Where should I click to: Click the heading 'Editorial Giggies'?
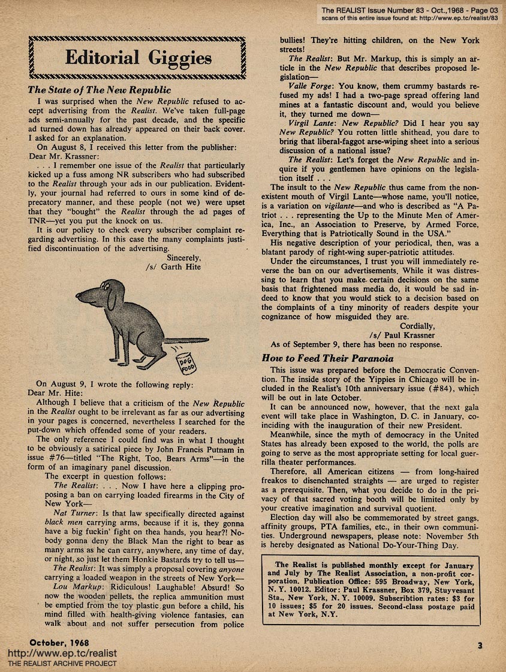coord(138,59)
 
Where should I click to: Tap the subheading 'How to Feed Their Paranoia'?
coord(327,358)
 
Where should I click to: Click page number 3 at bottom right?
coord(480,645)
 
